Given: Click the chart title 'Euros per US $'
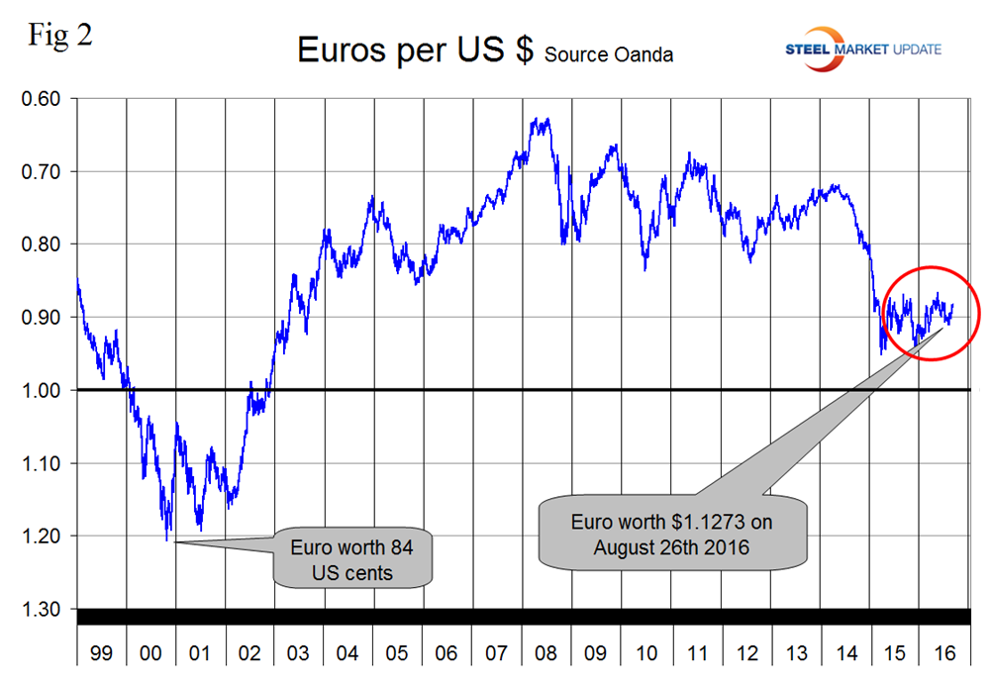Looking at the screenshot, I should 416,49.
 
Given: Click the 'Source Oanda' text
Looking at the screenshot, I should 608,55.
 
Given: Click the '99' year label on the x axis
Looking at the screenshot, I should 101,654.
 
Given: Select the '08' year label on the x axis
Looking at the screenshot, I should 546,654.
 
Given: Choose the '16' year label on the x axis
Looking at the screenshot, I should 942,654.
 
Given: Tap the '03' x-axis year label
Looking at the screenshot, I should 299,654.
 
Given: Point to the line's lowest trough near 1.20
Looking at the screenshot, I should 168,538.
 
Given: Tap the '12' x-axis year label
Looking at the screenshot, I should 744,654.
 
